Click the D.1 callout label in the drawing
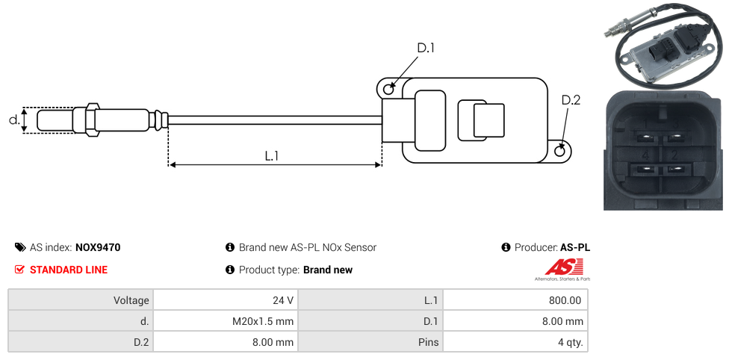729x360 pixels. pos(425,48)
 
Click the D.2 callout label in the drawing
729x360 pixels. pos(571,100)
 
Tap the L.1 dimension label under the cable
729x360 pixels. pos(272,156)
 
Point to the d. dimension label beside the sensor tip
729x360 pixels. pos(14,120)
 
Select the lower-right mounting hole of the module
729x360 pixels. pos(560,151)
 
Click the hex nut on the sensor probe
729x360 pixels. pos(92,120)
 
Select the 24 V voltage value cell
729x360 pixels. pos(226,300)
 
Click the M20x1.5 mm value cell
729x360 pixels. pos(226,321)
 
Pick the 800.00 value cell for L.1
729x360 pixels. pos(515,300)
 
